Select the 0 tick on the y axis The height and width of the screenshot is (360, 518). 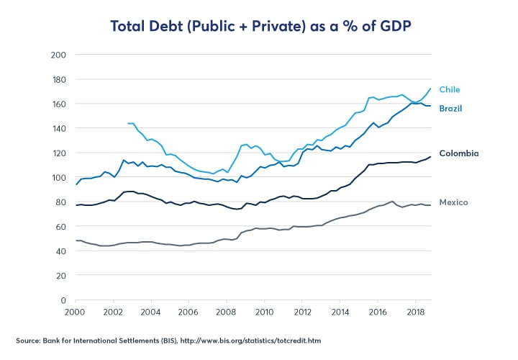(x=63, y=300)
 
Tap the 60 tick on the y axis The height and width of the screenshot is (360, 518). (x=61, y=227)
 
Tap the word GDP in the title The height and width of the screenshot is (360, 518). (x=390, y=27)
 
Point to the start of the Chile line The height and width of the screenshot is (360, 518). (x=127, y=123)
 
